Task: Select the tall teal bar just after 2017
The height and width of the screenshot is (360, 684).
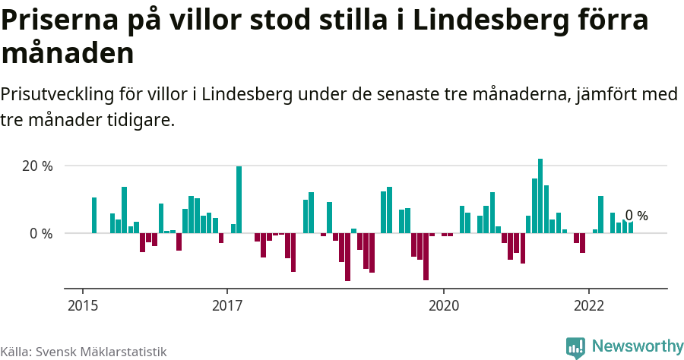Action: [x=239, y=200]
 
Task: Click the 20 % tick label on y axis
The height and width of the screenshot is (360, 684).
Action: [x=37, y=166]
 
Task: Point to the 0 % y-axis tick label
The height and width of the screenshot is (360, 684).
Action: [x=41, y=234]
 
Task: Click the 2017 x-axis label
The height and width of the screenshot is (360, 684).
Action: [x=226, y=306]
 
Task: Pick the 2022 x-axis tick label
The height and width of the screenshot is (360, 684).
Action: [x=588, y=306]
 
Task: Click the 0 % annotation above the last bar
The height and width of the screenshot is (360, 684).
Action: [x=636, y=216]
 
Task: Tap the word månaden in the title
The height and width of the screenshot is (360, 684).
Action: [x=68, y=53]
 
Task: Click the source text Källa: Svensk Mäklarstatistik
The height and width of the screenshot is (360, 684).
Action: [x=83, y=352]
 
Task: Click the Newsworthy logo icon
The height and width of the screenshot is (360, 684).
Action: [x=575, y=347]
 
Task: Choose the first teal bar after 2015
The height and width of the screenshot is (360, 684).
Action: [x=94, y=216]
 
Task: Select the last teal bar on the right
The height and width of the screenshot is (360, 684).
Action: [x=631, y=228]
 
